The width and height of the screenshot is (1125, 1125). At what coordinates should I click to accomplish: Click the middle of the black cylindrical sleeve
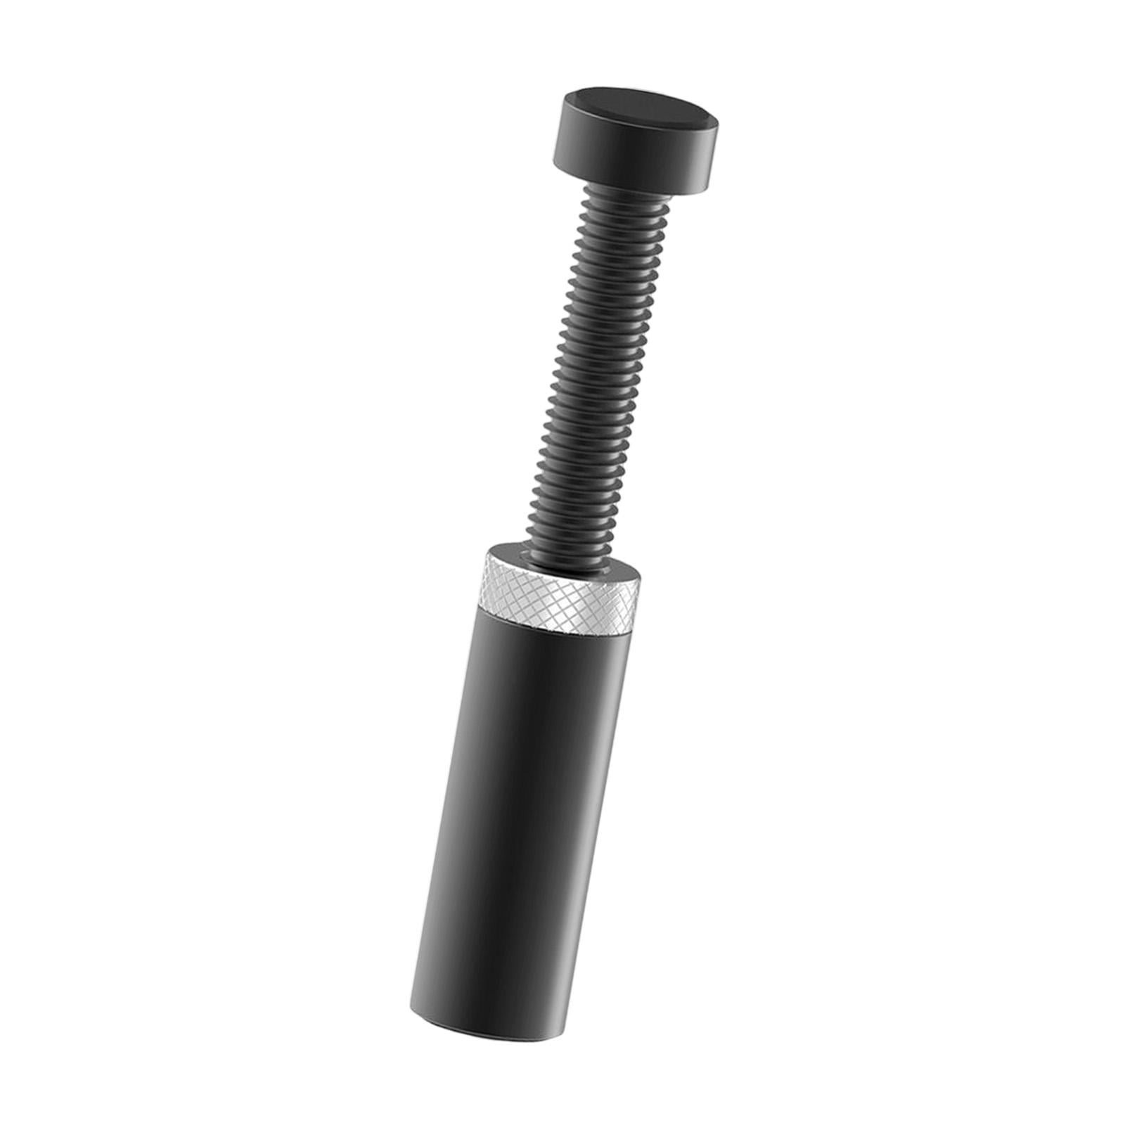(x=513, y=809)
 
